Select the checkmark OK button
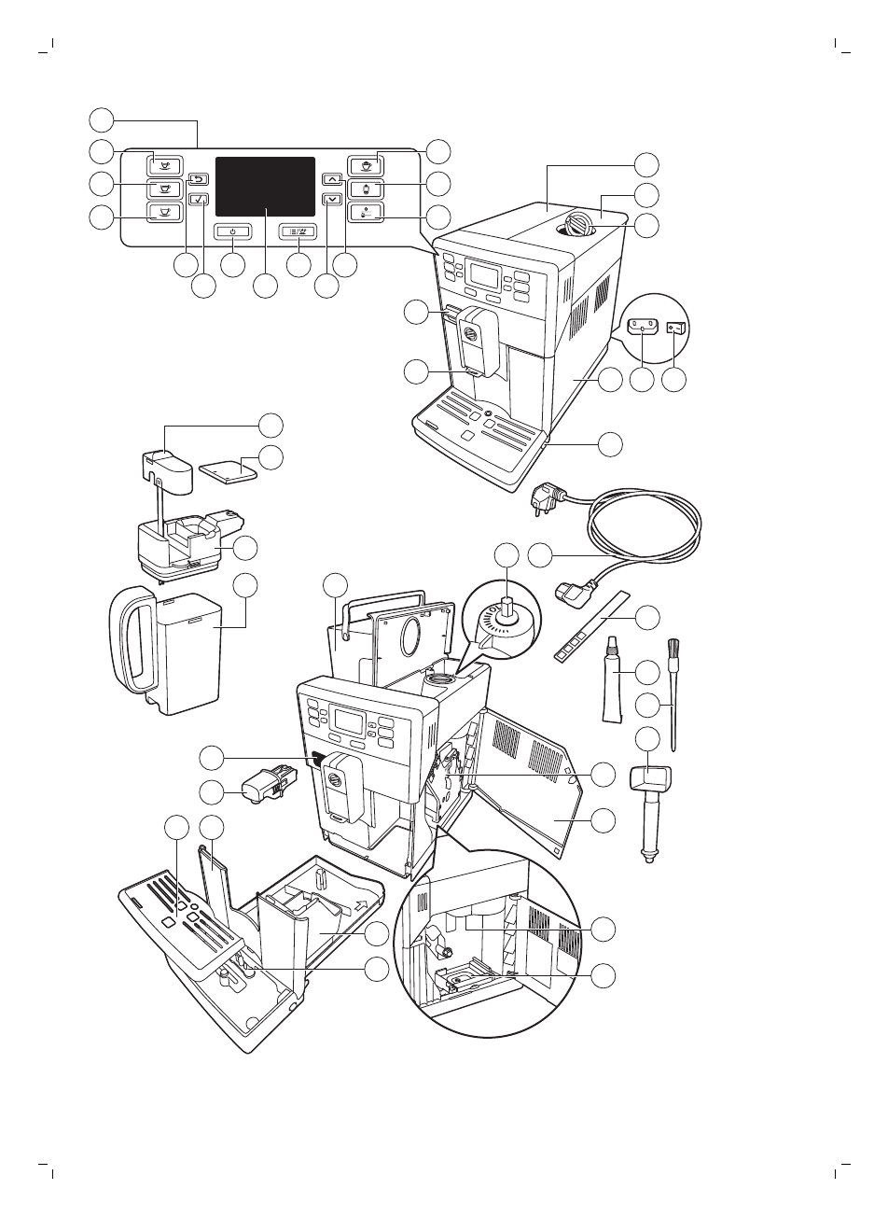tap(199, 199)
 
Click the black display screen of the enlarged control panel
tap(265, 187)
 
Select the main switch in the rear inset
tap(677, 329)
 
